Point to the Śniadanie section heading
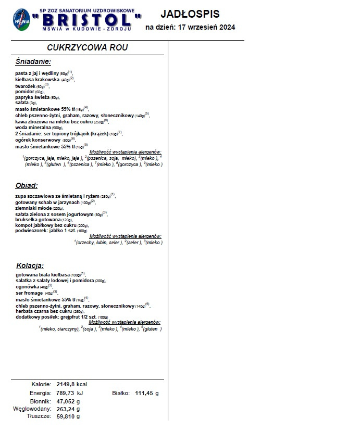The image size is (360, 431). [33, 61]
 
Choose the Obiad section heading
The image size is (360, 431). [27, 185]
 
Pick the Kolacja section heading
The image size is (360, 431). [30, 264]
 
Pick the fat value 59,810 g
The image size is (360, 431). [68, 416]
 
